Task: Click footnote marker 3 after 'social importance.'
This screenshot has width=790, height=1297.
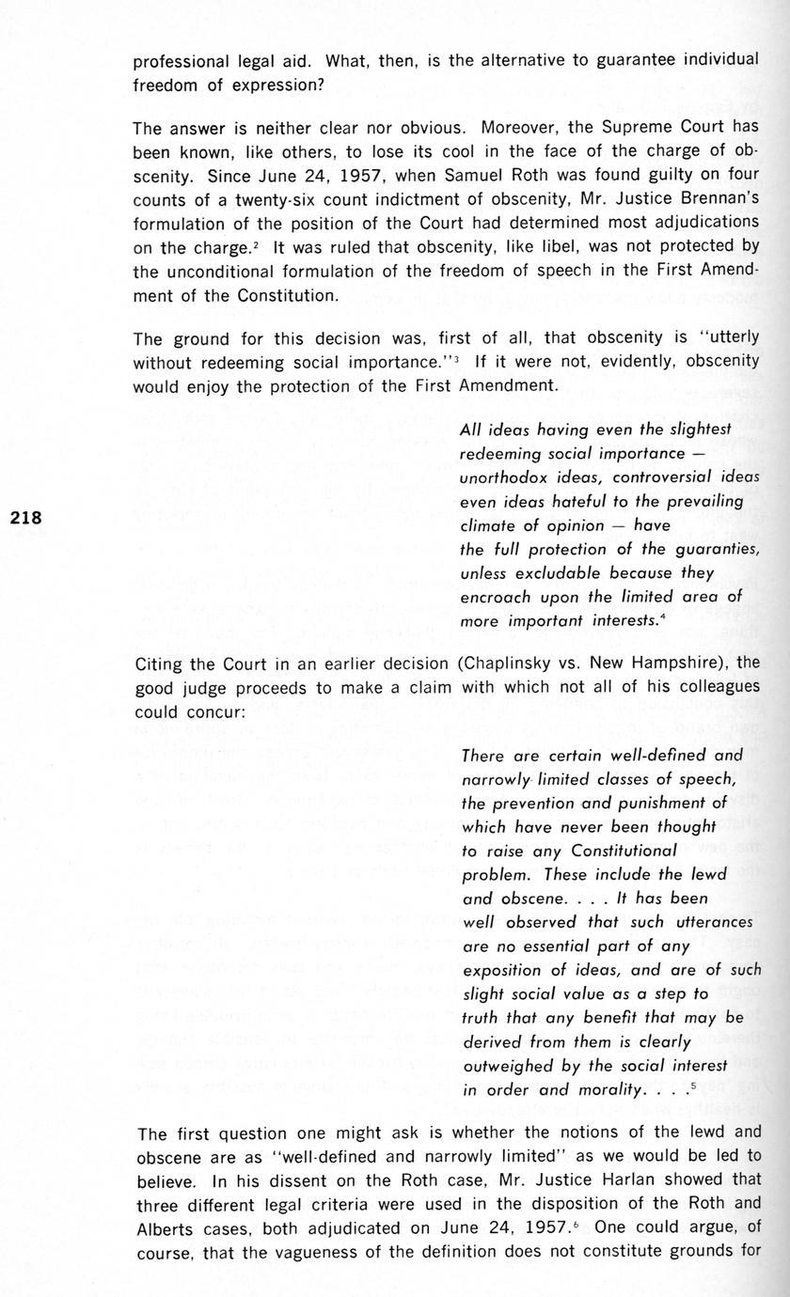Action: click(453, 356)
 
